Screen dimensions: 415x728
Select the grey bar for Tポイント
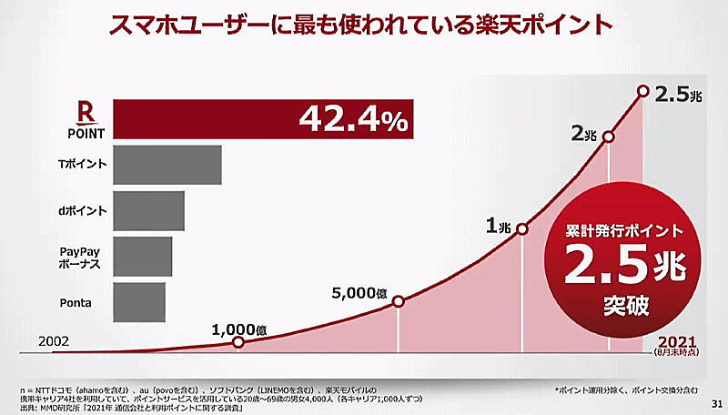click(x=167, y=166)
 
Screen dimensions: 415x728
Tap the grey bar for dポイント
click(x=149, y=210)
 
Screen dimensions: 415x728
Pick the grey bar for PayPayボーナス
click(x=143, y=257)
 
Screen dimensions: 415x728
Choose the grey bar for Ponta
click(x=139, y=301)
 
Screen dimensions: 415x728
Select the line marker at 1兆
click(x=522, y=228)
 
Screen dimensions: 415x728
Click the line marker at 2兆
click(x=609, y=137)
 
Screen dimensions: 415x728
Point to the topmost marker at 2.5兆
click(x=643, y=91)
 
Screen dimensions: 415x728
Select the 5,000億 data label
click(x=359, y=293)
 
